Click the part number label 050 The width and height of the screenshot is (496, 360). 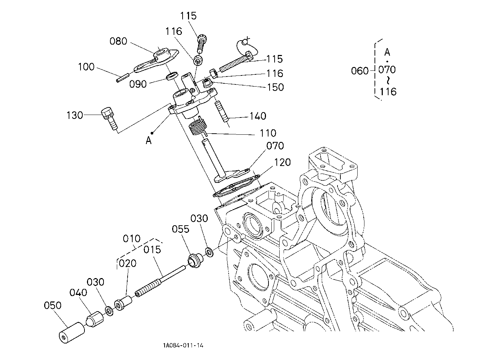click(52, 305)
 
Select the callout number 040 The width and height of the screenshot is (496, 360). click(78, 293)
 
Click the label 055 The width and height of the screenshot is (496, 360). click(181, 229)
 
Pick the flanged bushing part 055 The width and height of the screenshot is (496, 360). click(196, 260)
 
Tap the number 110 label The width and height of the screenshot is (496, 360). click(268, 133)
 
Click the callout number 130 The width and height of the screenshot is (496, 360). click(75, 115)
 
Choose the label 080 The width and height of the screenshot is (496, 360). click(119, 41)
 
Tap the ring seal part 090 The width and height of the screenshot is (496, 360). click(172, 76)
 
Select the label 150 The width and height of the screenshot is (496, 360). click(275, 87)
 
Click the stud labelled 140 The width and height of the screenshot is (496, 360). click(221, 111)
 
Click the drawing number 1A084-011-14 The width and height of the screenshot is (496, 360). click(183, 345)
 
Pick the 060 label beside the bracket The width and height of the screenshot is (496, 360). click(360, 71)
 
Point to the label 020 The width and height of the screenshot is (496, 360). click(128, 263)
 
